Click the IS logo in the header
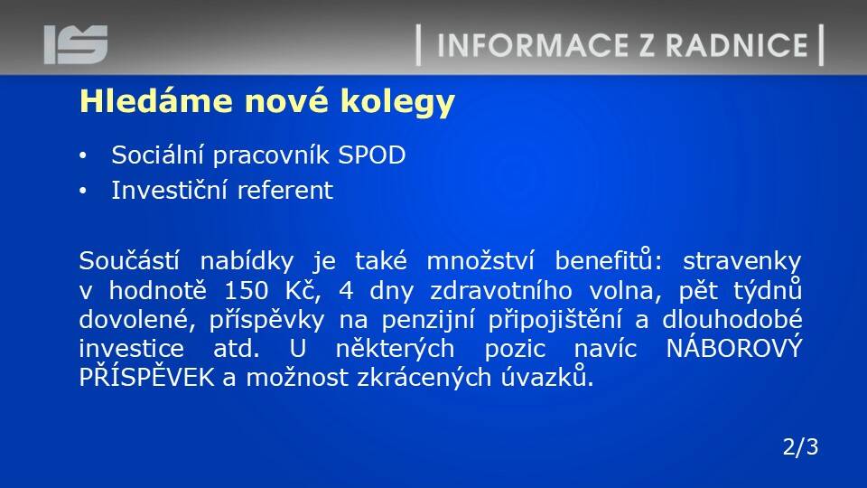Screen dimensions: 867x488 pyautogui.click(x=76, y=44)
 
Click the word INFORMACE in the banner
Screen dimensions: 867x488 pyautogui.click(x=533, y=45)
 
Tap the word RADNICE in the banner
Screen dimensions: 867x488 pyautogui.click(x=737, y=45)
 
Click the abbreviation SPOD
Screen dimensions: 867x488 pyautogui.click(x=371, y=155)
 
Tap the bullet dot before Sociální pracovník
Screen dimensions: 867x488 pyautogui.click(x=83, y=156)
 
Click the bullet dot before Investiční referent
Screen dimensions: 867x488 pyautogui.click(x=83, y=192)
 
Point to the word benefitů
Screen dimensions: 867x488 pyautogui.click(x=608, y=260)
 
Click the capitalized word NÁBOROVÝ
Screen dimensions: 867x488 pyautogui.click(x=733, y=347)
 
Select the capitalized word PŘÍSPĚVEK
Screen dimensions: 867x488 pyautogui.click(x=146, y=376)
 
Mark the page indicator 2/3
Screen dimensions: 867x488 pyautogui.click(x=800, y=447)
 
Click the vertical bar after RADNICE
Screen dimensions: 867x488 pyautogui.click(x=821, y=45)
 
